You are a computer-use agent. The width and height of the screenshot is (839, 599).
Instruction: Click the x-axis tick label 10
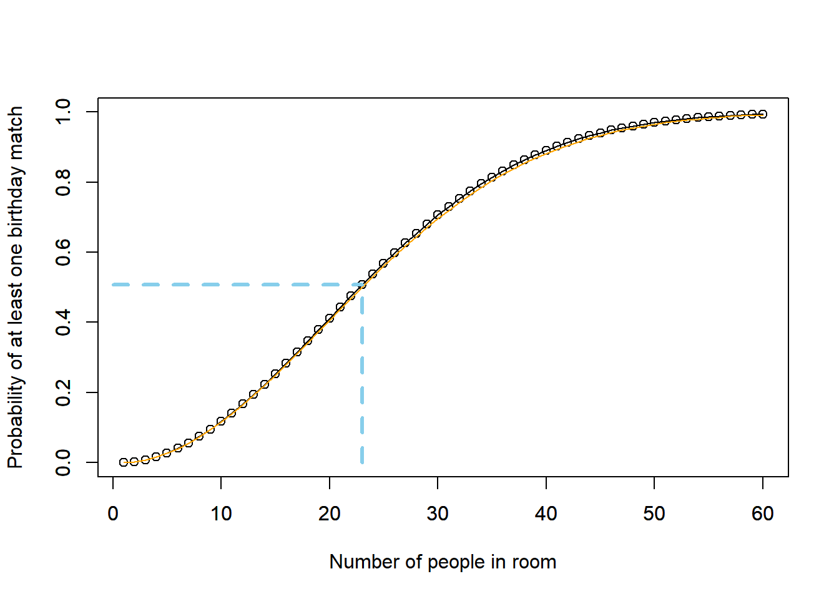tap(221, 514)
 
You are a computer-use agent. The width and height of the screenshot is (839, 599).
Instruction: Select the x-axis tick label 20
tap(330, 514)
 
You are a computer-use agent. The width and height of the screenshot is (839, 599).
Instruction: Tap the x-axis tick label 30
tap(438, 514)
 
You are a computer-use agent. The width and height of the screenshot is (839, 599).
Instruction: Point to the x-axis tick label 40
tap(546, 514)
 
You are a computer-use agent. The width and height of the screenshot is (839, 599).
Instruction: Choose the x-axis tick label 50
tap(654, 514)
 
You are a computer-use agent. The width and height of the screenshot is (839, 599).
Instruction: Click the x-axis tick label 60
tap(763, 514)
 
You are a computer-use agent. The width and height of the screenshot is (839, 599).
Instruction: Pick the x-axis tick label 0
tap(113, 514)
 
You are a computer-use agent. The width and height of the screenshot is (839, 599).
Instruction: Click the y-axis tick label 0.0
tap(63, 462)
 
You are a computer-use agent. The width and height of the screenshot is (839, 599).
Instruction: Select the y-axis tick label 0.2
tap(63, 392)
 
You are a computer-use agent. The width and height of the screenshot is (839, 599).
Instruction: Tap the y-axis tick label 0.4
tap(63, 322)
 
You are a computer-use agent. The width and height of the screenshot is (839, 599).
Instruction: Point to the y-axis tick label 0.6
tap(63, 252)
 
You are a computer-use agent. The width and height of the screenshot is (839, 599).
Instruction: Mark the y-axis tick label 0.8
tap(63, 182)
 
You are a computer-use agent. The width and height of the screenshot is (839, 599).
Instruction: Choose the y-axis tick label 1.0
tap(63, 112)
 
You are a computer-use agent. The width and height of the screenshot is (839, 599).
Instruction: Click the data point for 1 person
tap(124, 462)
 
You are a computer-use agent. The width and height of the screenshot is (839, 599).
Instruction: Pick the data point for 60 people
tap(763, 114)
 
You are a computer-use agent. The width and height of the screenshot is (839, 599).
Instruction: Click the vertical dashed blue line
tap(362, 387)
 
